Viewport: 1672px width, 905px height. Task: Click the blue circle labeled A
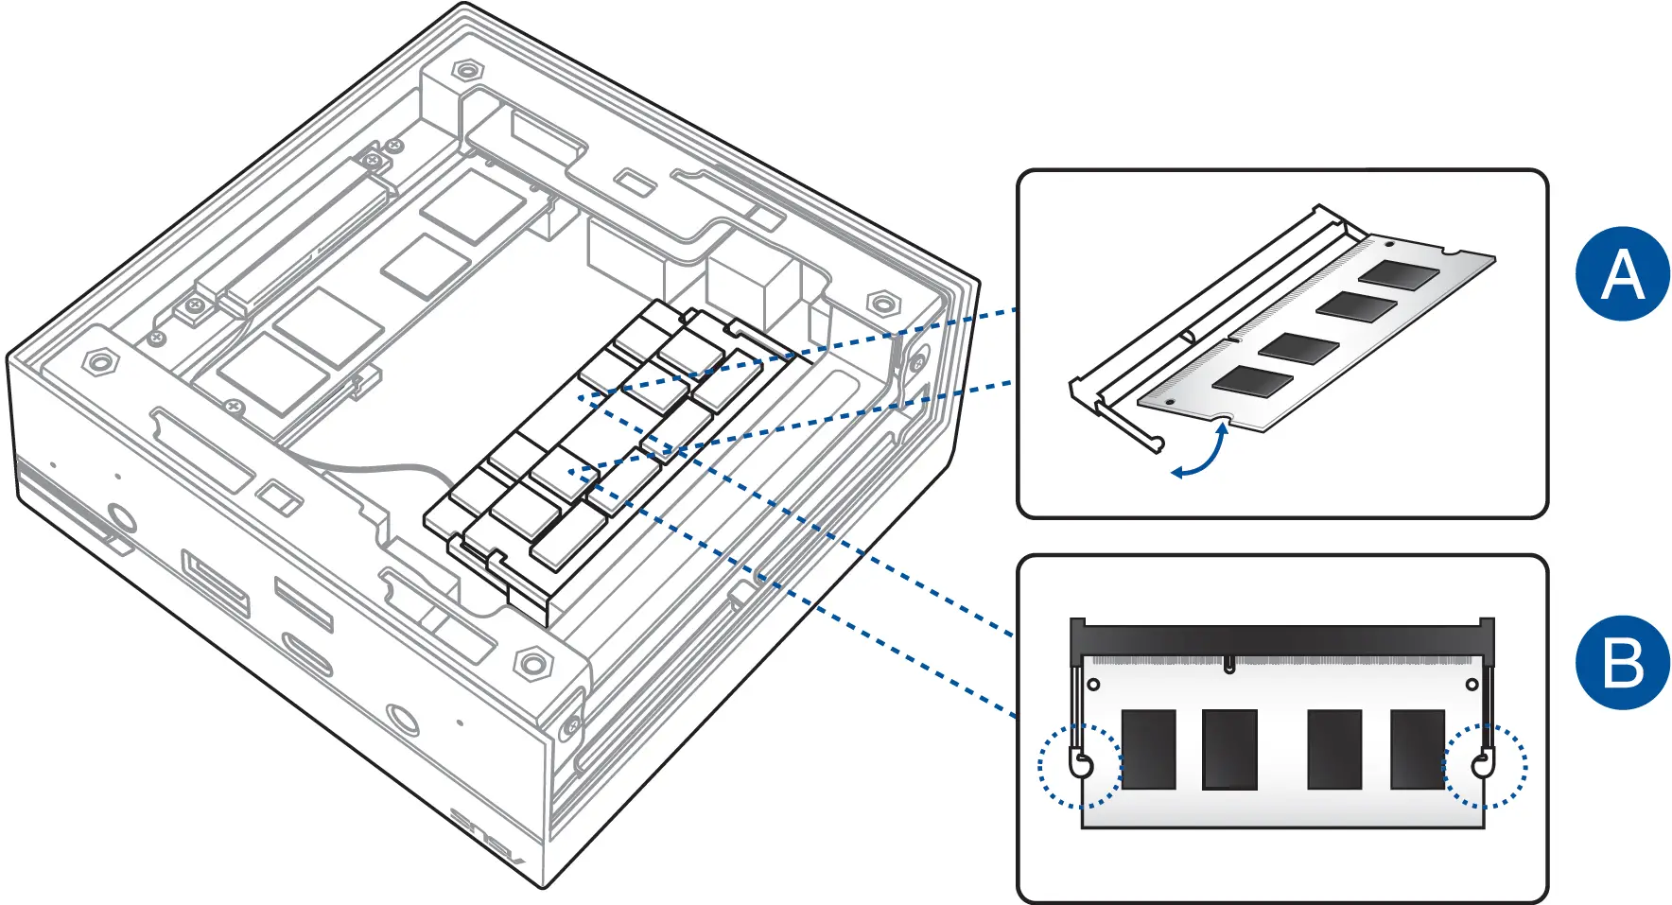point(1622,274)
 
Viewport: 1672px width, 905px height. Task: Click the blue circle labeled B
point(1622,663)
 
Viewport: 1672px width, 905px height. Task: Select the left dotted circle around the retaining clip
point(1078,765)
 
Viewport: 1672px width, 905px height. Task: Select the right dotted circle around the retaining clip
point(1486,765)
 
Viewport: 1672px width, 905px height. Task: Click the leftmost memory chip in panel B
point(1148,749)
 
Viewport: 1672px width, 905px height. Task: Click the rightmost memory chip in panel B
point(1418,749)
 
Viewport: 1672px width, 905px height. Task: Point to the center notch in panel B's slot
point(1228,665)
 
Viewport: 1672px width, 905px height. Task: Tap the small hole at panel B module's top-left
point(1094,685)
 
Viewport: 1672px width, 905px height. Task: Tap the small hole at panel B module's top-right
point(1472,685)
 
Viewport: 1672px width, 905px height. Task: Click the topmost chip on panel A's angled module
point(1399,274)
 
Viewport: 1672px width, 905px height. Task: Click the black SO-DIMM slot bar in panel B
point(1281,637)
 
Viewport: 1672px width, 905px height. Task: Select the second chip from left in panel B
point(1229,749)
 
